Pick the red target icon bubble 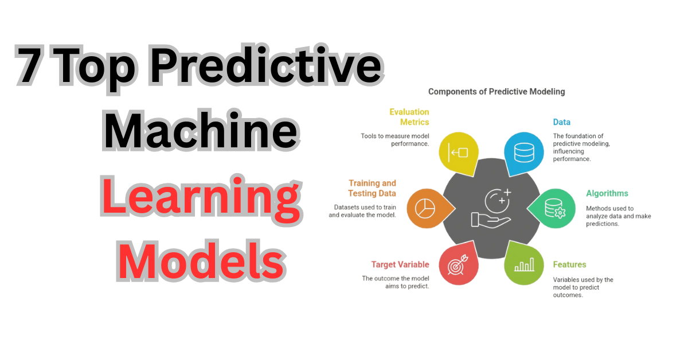(459, 265)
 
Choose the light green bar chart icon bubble (523, 265)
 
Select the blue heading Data (561, 122)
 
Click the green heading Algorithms (607, 194)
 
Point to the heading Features (569, 265)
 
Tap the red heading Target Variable (400, 264)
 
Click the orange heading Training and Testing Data (372, 189)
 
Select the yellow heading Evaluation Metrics (409, 117)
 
